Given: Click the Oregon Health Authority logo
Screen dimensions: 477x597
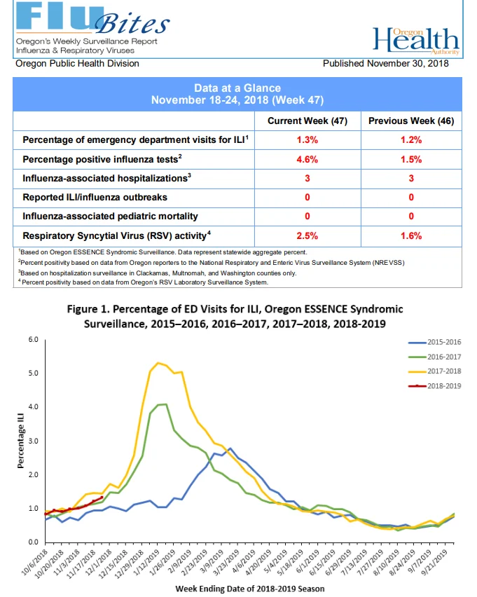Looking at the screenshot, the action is (416, 41).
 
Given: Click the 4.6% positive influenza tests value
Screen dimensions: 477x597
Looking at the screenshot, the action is (307, 159).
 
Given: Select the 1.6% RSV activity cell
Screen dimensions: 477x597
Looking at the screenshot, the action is (411, 236).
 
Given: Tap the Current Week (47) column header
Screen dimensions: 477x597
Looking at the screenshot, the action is (307, 121).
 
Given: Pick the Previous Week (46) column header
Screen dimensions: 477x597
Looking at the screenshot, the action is (411, 121).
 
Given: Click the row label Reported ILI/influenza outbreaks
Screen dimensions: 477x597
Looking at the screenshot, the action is (95, 197).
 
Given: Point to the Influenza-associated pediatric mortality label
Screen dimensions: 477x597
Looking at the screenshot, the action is (110, 217).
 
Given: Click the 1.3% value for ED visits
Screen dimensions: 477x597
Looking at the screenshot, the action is (307, 139).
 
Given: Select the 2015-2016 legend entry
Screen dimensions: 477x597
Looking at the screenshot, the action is (434, 342).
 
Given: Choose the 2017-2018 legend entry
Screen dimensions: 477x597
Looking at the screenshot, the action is (434, 371).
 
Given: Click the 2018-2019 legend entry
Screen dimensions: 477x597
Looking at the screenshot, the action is (434, 386).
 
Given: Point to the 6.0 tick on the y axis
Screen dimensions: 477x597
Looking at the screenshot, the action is (33, 339).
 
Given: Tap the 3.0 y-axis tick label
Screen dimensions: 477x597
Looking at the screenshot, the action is (33, 441).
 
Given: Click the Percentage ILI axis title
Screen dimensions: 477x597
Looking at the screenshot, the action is (20, 441).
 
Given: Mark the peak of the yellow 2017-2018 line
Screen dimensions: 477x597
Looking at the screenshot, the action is (158, 363).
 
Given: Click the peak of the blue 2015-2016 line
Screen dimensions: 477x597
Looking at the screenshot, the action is (230, 448).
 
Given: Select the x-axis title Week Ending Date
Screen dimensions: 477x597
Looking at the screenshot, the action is (250, 589).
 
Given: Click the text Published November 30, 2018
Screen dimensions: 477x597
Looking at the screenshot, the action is (386, 63).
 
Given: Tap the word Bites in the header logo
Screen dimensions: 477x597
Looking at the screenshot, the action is (132, 24).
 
